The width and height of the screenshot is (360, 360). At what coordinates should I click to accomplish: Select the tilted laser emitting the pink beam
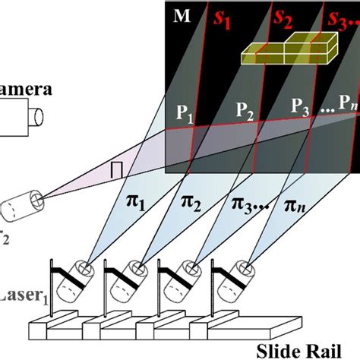(x=23, y=205)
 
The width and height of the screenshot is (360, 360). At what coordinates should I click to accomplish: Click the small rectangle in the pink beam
(x=117, y=169)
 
